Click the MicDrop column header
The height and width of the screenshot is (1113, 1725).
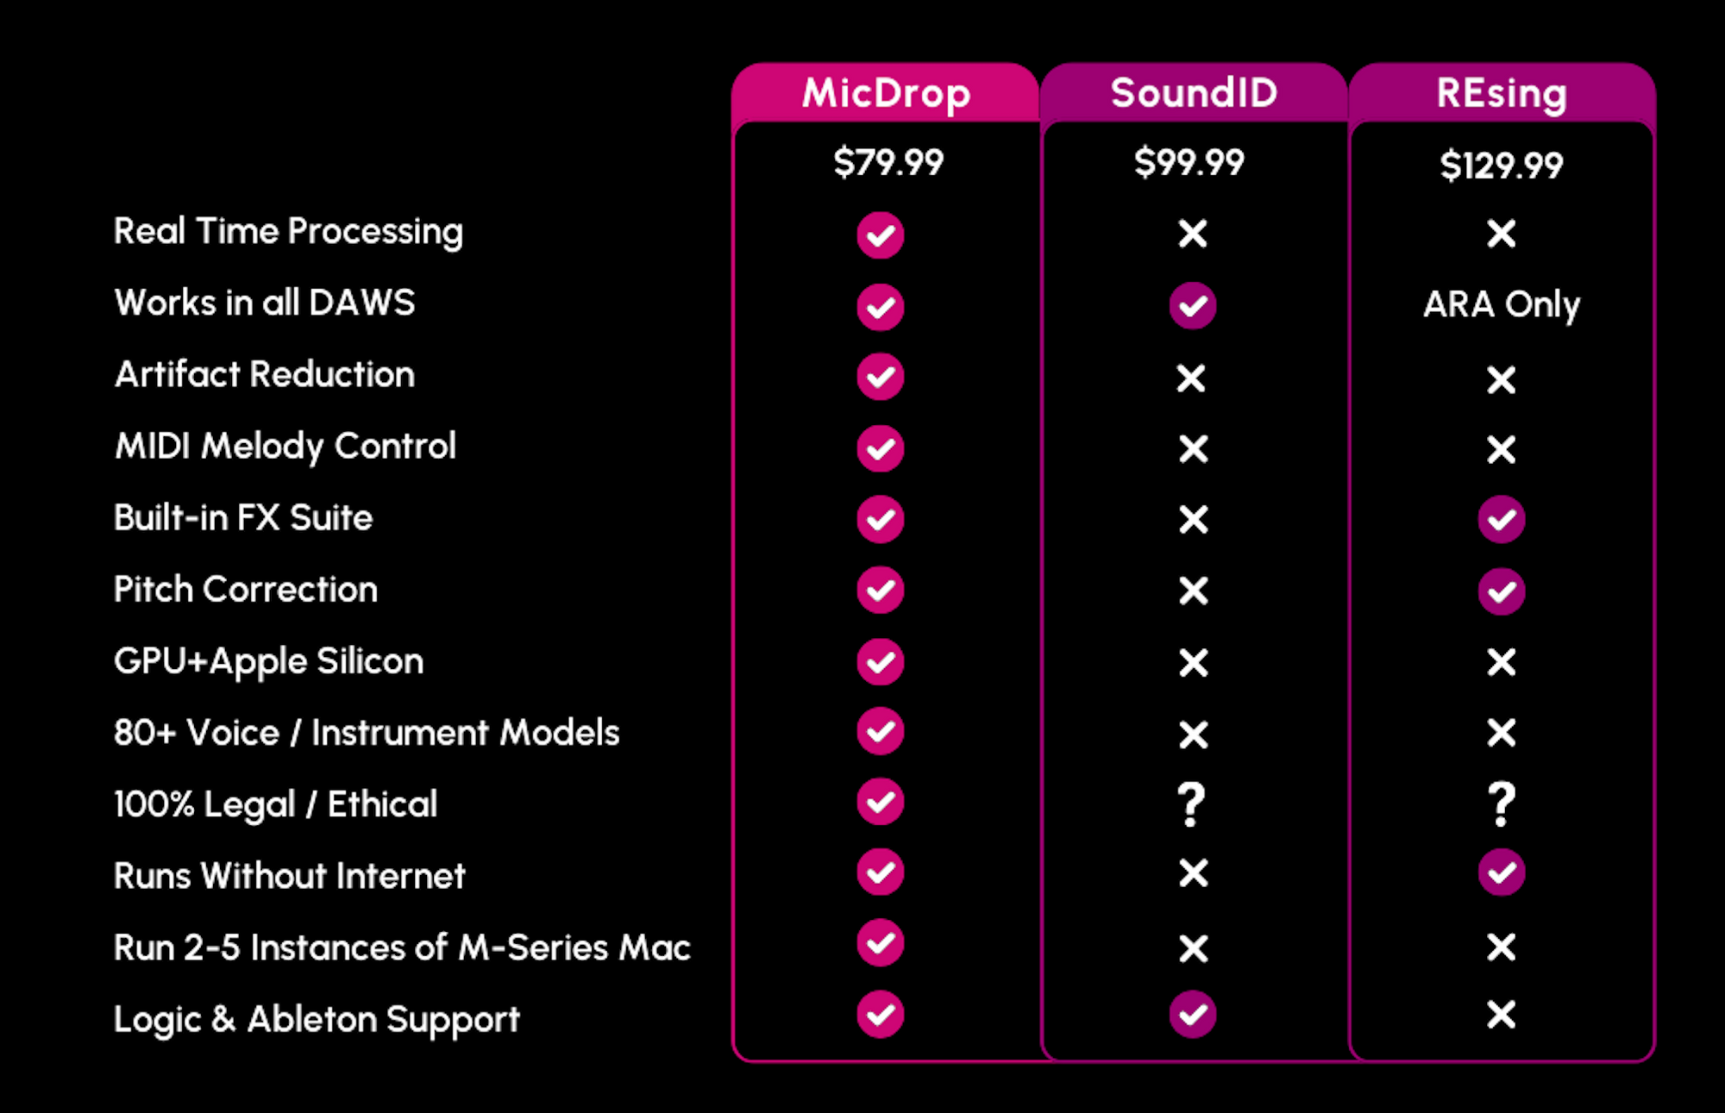click(x=886, y=93)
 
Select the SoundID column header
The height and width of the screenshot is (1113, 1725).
click(x=1194, y=92)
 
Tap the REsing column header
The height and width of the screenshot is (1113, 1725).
click(x=1502, y=93)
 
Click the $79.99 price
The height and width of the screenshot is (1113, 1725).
click(x=888, y=162)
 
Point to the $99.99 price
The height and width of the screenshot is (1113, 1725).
click(x=1189, y=162)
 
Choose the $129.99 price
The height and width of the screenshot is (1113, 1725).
click(x=1502, y=165)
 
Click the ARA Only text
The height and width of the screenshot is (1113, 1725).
click(x=1502, y=304)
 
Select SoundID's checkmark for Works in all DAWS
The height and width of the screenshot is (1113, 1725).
click(x=1193, y=305)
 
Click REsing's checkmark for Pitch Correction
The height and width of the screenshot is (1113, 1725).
click(x=1502, y=591)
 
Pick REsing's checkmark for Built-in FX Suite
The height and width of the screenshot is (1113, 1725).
click(x=1502, y=519)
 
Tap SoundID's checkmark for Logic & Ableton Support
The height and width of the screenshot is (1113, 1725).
click(x=1193, y=1014)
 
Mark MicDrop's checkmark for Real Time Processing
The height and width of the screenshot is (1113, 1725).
click(x=881, y=235)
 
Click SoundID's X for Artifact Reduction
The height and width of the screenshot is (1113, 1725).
click(x=1191, y=378)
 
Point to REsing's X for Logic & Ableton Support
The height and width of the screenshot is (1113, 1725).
click(x=1502, y=1015)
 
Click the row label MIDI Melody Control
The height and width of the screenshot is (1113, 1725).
click(x=285, y=447)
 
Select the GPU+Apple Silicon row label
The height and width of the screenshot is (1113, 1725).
click(x=269, y=662)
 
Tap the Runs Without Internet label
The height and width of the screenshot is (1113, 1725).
click(x=290, y=876)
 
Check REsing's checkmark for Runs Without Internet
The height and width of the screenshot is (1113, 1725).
click(x=1502, y=872)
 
